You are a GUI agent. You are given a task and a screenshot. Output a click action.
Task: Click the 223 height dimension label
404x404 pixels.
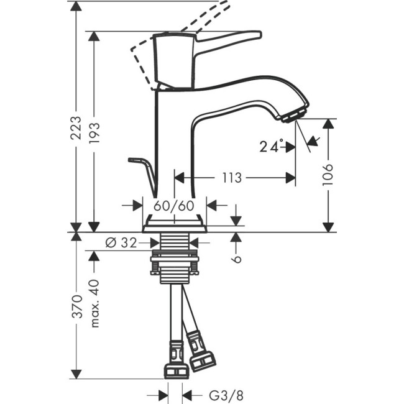(76, 128)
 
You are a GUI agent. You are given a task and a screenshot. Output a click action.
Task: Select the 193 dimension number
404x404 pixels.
(94, 133)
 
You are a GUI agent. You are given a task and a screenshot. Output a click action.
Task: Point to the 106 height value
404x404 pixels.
(329, 176)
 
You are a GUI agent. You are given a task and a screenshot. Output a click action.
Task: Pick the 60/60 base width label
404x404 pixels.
(174, 204)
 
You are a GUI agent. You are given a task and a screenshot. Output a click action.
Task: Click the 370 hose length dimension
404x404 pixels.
(76, 306)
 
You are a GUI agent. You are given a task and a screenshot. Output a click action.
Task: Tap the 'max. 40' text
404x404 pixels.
(94, 303)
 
